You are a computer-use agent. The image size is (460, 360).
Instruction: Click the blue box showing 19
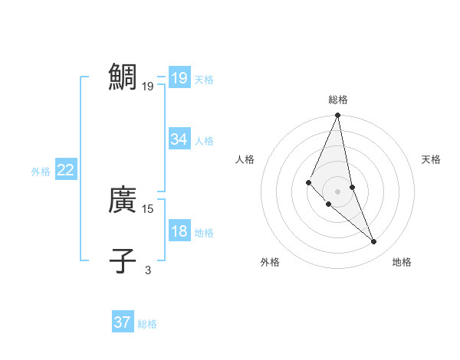[179, 77]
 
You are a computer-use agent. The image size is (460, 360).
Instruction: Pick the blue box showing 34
[179, 139]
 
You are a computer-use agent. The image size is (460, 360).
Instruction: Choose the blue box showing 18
[179, 231]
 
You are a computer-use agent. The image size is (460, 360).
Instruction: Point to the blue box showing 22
[65, 170]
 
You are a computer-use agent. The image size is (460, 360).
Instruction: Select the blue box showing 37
[122, 322]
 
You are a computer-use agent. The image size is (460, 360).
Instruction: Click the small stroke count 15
[148, 208]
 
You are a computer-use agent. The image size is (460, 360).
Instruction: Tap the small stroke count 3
[148, 270]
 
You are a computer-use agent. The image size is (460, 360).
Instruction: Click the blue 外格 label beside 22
[41, 172]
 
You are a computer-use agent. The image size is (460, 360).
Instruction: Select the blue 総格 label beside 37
[147, 324]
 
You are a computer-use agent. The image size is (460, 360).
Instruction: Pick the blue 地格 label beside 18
[204, 233]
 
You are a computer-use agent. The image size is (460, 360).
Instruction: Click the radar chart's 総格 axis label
[338, 100]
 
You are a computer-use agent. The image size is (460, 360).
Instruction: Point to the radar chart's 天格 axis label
[432, 159]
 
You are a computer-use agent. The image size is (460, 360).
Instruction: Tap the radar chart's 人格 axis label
[245, 159]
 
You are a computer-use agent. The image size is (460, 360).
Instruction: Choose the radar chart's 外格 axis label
[269, 262]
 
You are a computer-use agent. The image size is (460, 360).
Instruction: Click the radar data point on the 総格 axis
[338, 116]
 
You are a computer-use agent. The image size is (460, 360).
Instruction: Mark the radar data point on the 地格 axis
[374, 242]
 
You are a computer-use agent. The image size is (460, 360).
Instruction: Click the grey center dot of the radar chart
[338, 191]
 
